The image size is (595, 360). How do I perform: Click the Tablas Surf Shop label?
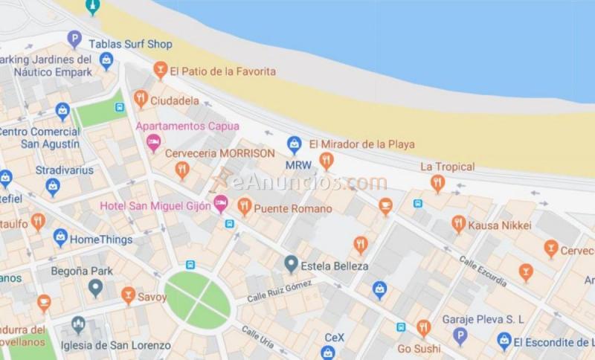coord(130,45)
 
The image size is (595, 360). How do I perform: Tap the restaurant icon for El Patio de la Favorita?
coord(160,71)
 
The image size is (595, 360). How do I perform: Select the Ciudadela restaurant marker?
coord(141,98)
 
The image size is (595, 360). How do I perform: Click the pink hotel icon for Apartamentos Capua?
coord(154,141)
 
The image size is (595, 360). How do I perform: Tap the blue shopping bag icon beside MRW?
coord(295,144)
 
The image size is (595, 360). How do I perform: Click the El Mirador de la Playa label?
coord(361,144)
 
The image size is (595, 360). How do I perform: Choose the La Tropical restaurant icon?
coord(437,181)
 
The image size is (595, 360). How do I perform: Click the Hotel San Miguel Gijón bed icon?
coord(221,203)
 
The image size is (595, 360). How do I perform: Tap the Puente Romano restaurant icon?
coord(244,207)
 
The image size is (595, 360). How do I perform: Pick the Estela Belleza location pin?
coord(292,263)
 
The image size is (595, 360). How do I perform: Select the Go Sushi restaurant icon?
coord(423,327)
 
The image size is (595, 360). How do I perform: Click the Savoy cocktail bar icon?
coord(128,296)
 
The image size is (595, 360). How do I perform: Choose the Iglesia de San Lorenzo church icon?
coord(79,325)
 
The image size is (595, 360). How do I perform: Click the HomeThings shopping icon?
coord(60,238)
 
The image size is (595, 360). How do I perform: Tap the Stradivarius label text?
coord(65,170)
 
